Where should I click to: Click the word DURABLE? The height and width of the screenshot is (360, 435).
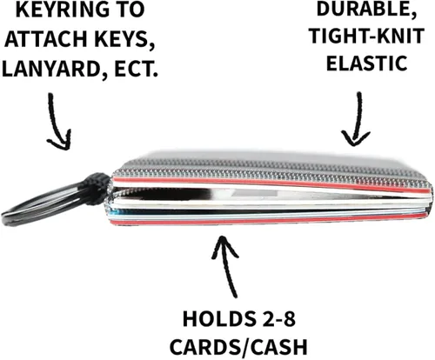click(x=366, y=10)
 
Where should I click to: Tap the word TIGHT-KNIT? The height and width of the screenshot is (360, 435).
click(x=367, y=36)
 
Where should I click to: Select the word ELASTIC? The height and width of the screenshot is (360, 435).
click(x=367, y=63)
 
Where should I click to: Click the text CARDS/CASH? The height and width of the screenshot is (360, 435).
click(x=238, y=347)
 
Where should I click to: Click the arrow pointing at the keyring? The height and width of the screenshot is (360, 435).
click(x=57, y=121)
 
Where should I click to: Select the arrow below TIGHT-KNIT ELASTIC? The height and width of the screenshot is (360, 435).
click(x=357, y=119)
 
